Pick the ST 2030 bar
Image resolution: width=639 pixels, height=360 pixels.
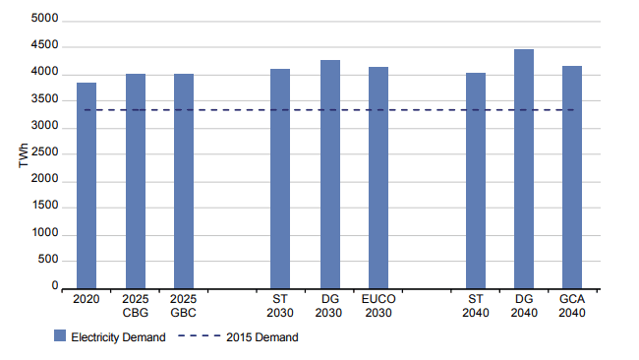[280, 178]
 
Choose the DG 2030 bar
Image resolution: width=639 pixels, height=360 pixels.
[329, 174]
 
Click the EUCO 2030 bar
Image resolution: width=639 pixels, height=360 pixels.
[378, 177]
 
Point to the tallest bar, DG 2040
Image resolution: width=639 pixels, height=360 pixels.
[524, 168]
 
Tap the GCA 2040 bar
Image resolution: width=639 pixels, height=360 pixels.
[572, 177]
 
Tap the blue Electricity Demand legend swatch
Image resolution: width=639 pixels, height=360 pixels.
[61, 337]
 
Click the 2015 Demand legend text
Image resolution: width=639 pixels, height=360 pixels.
[261, 337]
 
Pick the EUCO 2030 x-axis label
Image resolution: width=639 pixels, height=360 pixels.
[378, 305]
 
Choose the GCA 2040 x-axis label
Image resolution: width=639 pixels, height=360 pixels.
[572, 305]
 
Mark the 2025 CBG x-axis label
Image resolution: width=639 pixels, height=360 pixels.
[136, 305]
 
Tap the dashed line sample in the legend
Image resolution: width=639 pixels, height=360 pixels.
[200, 337]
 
